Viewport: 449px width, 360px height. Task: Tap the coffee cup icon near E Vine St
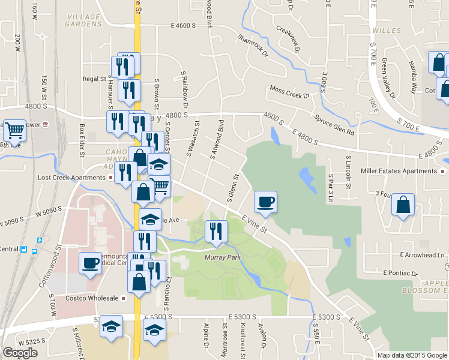click(265, 202)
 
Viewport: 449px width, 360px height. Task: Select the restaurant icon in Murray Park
click(216, 232)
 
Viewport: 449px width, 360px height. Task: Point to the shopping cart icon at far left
click(14, 130)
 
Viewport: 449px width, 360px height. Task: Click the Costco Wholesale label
click(94, 298)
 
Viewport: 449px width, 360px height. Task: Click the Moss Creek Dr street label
click(289, 92)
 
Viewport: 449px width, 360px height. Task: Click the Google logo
click(19, 353)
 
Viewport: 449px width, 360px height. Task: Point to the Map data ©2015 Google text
click(412, 355)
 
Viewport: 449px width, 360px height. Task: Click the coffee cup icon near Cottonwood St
click(90, 263)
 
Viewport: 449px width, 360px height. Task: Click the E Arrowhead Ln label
click(423, 255)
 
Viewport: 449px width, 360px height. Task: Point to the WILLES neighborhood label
click(386, 30)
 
